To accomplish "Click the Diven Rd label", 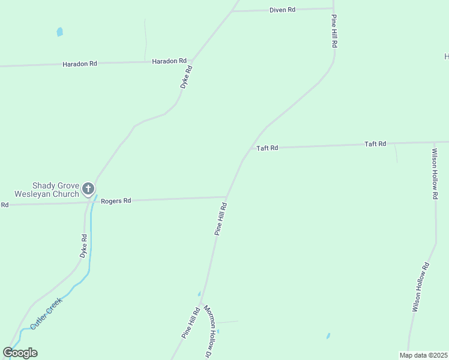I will click(282, 10).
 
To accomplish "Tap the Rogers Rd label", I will click(116, 201).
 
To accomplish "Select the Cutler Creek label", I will click(46, 314).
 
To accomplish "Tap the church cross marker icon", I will click(88, 190).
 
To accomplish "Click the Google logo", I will click(20, 353).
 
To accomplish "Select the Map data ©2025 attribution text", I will click(423, 355).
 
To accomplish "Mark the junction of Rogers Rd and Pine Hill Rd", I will click(226, 196).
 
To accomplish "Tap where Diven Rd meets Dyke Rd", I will click(232, 11).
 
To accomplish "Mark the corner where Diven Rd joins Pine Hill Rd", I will click(333, 8).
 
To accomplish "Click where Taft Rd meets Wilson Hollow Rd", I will click(433, 142).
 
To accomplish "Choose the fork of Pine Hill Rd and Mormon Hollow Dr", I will click(202, 299).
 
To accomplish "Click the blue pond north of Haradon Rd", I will click(59, 32).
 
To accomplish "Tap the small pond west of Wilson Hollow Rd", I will click(328, 336).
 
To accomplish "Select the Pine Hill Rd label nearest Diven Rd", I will click(334, 32).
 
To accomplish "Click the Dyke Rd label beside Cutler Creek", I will click(84, 246).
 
